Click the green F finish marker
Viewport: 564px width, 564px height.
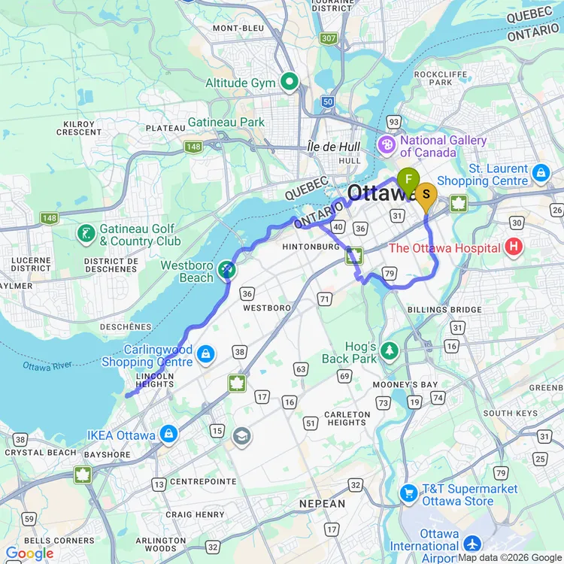(408, 180)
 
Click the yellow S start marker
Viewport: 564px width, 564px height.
(426, 196)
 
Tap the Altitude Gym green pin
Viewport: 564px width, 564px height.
(290, 81)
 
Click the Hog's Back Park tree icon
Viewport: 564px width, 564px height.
(389, 350)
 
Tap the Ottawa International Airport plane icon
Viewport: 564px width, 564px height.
(472, 543)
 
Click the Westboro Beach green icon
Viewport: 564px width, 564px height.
(226, 269)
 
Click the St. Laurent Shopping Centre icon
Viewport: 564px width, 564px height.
(540, 173)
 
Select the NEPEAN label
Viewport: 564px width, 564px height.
(322, 503)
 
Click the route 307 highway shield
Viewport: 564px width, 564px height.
(328, 38)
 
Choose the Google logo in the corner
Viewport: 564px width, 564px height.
(28, 553)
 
